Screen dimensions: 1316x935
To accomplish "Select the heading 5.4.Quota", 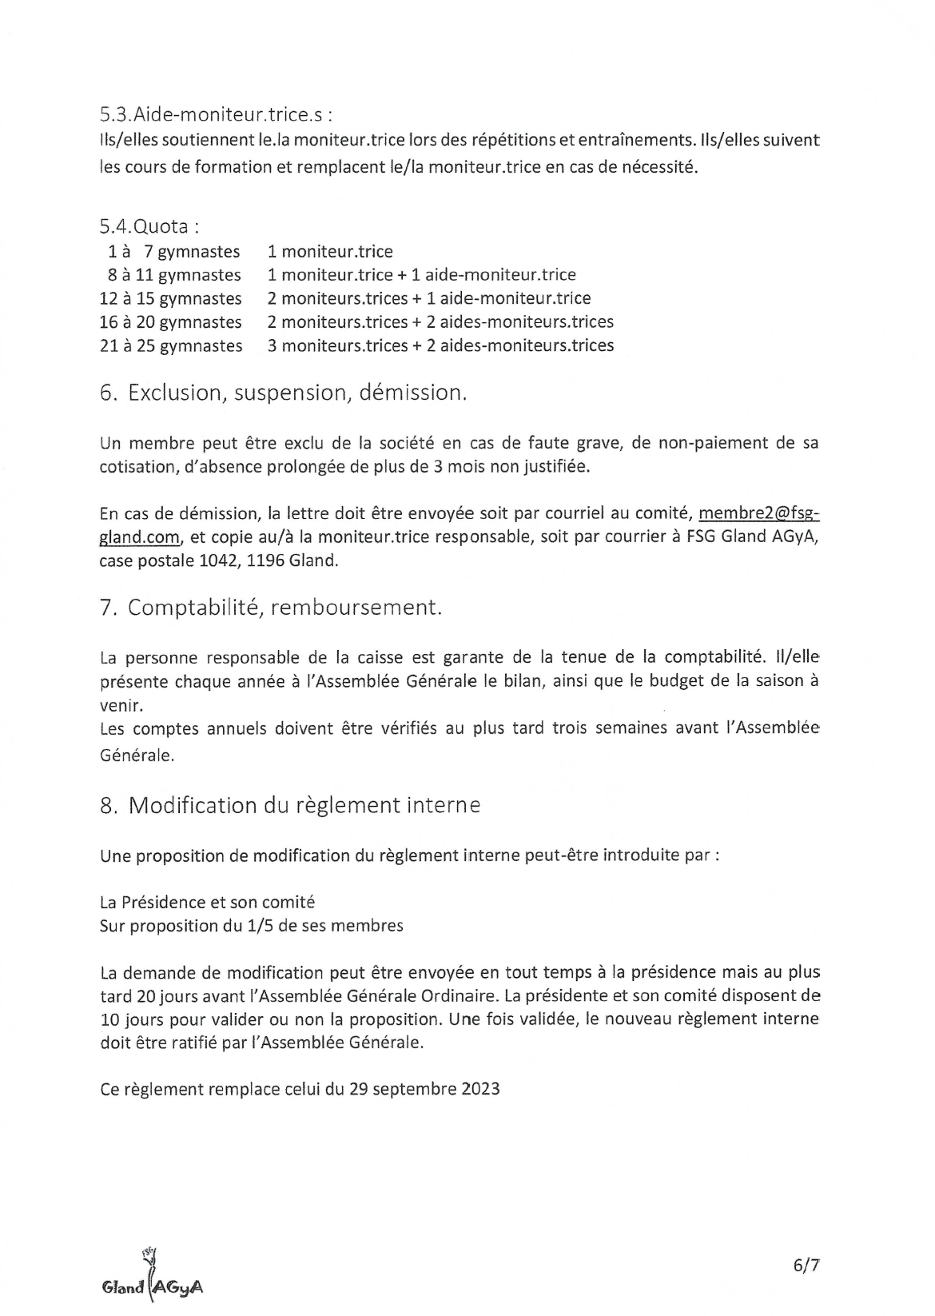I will coord(149,226).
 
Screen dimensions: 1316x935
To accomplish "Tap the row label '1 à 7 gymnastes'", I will coord(174,252).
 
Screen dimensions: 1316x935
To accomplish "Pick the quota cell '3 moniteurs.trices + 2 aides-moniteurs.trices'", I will coord(440,345).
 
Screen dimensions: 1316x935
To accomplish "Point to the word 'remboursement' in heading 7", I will coord(356,608).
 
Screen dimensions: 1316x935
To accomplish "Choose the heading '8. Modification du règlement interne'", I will coord(290,805).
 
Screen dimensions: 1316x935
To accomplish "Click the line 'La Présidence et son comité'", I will coord(207,902).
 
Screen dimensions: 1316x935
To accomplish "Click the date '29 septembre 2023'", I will coord(424,1089).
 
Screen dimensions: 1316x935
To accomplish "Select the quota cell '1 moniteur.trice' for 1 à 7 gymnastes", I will coord(330,252).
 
